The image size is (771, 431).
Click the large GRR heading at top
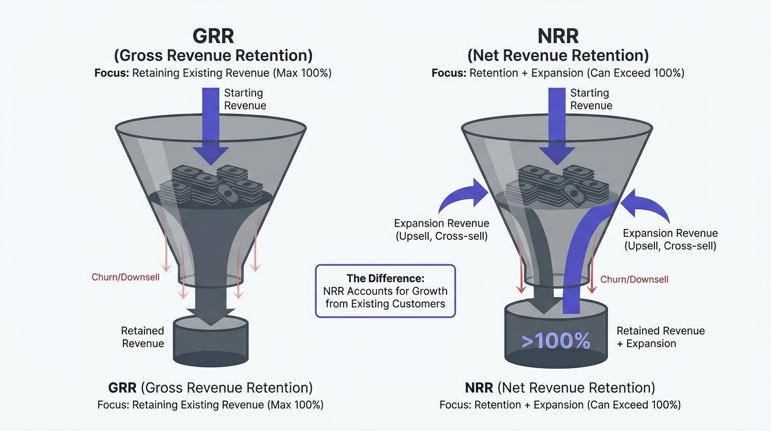[213, 36]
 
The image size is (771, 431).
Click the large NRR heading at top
[558, 36]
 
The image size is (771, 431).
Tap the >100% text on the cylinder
[555, 341]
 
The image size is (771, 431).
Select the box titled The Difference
[386, 291]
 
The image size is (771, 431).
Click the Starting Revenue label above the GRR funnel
[245, 99]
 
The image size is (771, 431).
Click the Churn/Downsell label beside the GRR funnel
[126, 277]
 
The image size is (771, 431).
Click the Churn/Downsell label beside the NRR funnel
[634, 279]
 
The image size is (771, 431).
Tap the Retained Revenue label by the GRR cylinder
[143, 337]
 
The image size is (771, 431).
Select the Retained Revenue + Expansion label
[660, 337]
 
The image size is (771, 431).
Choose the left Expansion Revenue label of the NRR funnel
[442, 230]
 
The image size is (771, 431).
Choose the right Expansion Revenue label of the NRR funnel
[670, 240]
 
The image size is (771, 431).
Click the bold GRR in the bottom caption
[122, 388]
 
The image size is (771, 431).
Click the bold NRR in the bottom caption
[479, 388]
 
